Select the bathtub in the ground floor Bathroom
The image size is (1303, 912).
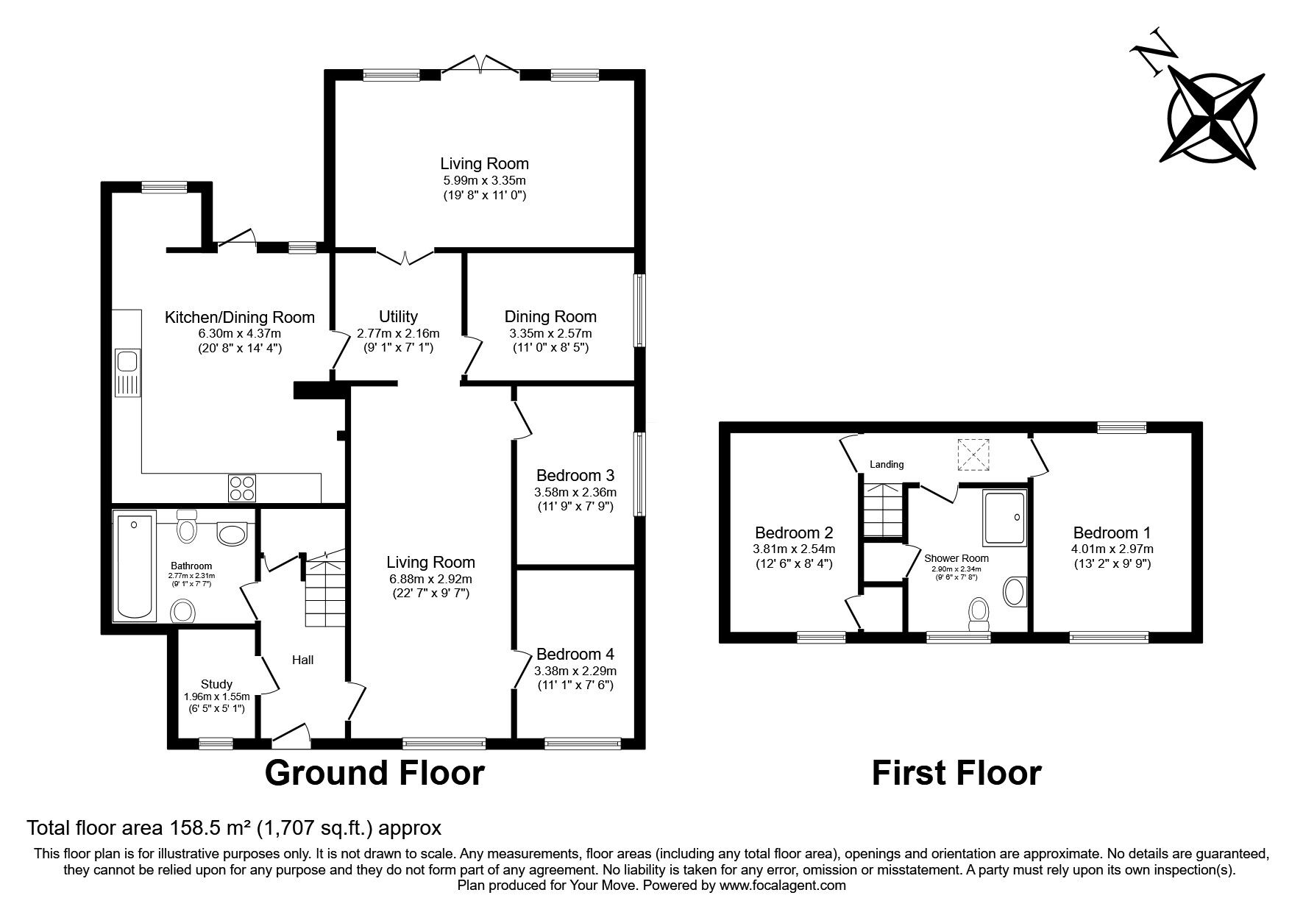[134, 566]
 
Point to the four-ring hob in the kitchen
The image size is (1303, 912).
[243, 486]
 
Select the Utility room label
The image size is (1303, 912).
[398, 316]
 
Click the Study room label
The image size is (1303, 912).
[216, 684]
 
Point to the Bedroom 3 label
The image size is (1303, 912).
[575, 475]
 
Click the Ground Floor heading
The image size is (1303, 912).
[374, 773]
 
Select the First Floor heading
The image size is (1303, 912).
[956, 773]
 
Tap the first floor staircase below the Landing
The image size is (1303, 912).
[882, 510]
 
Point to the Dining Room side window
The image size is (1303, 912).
[640, 310]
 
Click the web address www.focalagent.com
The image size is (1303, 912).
[783, 886]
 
